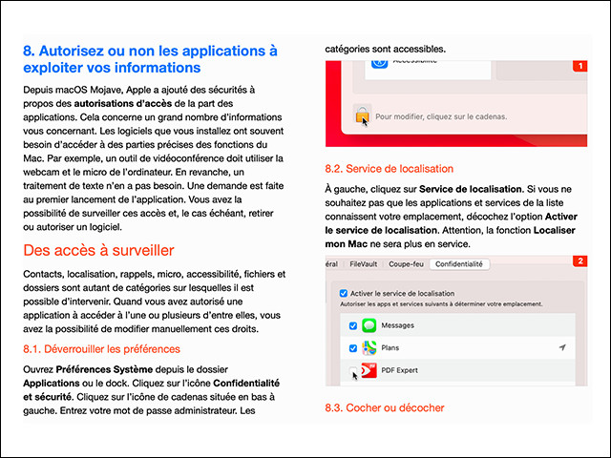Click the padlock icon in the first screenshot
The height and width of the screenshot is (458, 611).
click(362, 114)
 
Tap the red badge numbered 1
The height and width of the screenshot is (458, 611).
click(579, 66)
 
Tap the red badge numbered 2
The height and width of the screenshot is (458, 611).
click(579, 260)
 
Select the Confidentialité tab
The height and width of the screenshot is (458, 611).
click(460, 263)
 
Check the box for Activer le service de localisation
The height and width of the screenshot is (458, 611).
click(344, 293)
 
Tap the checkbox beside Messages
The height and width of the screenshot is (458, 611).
click(352, 326)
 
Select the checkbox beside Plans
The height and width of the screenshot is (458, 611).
click(352, 348)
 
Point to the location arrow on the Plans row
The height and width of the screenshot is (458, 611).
click(561, 348)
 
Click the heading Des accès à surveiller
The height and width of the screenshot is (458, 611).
click(98, 251)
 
